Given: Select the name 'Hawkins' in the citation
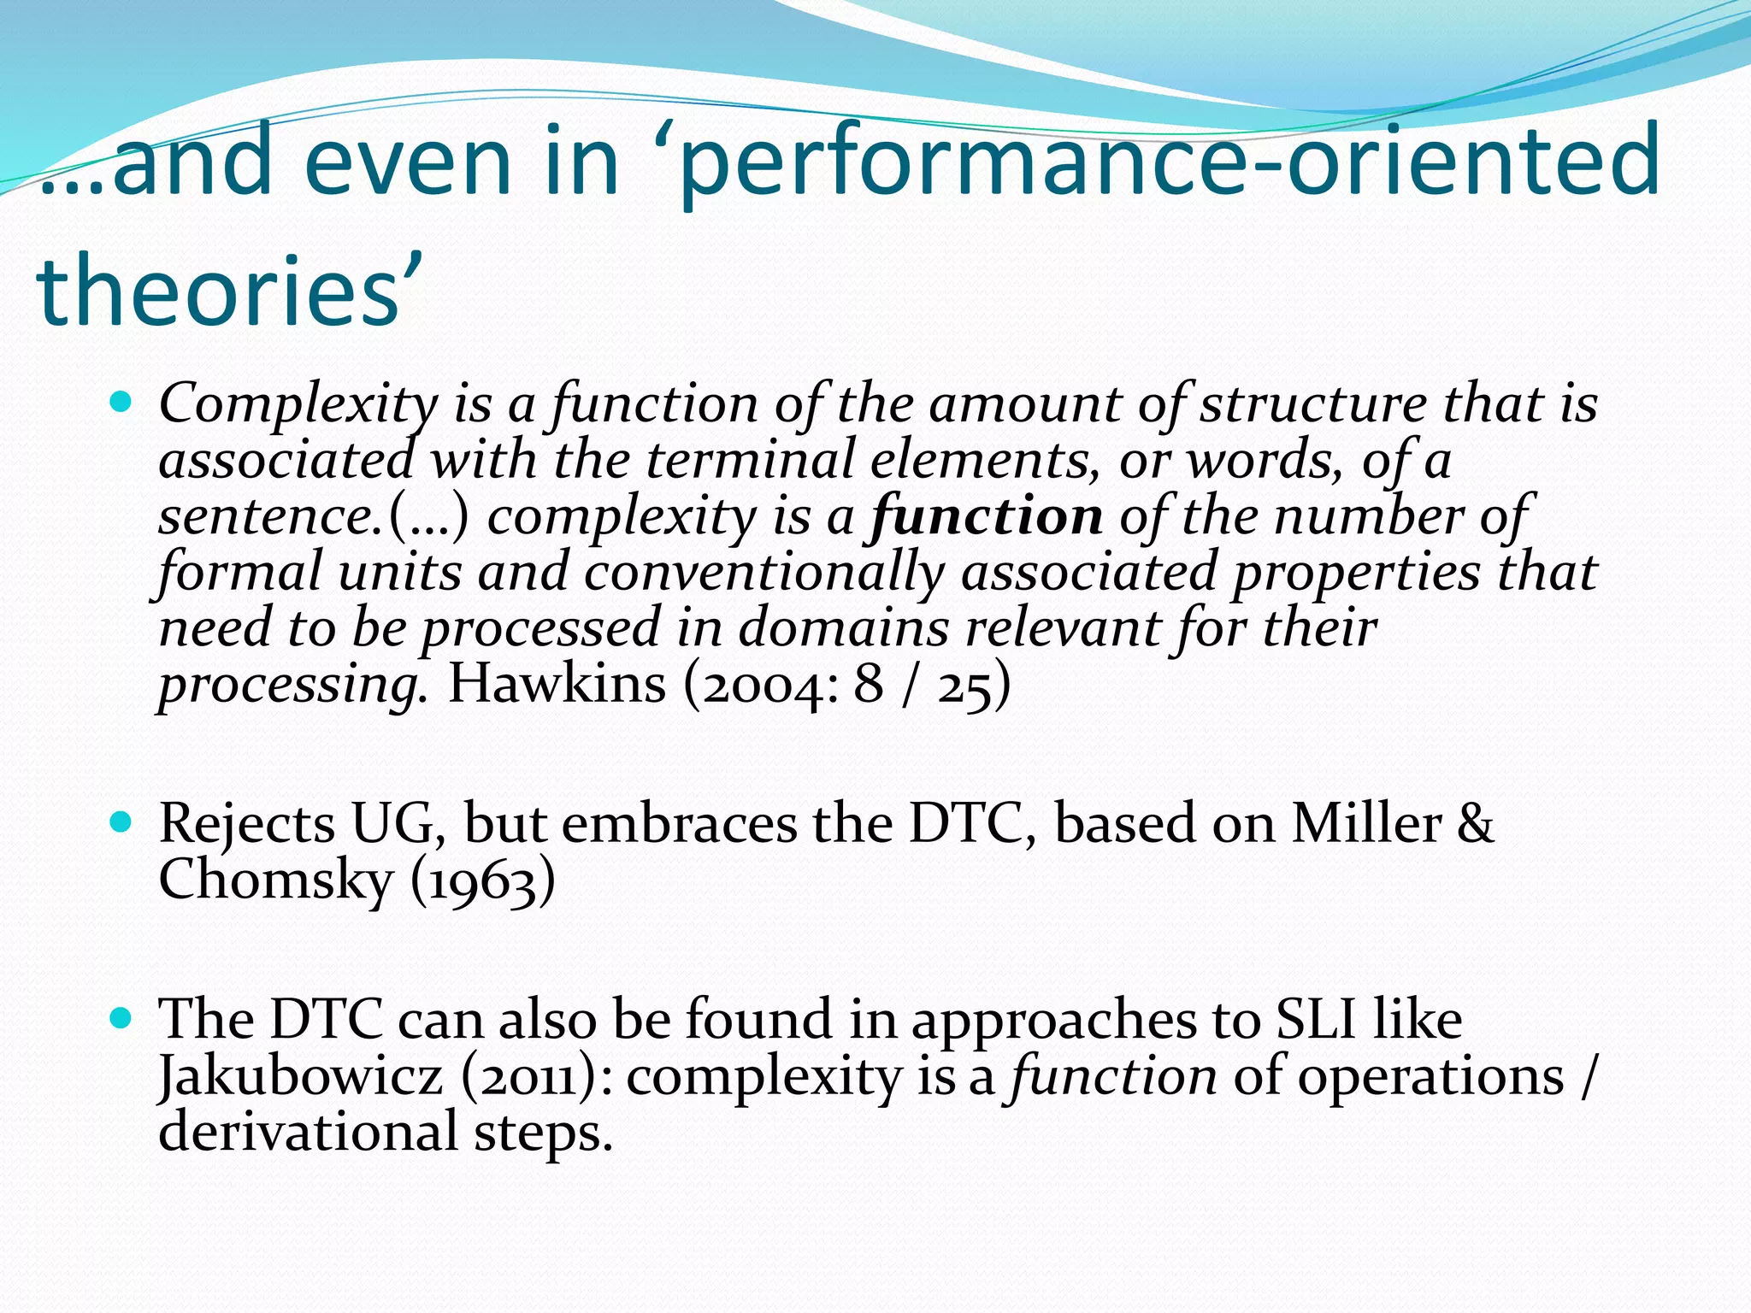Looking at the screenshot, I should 557,684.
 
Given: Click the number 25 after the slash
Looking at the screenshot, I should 964,686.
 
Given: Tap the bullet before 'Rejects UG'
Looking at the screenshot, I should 121,822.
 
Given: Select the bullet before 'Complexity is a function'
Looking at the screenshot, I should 121,400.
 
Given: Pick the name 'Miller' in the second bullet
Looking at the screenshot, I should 1365,824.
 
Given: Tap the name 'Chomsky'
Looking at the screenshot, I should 274,880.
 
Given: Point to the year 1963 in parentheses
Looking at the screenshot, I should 482,881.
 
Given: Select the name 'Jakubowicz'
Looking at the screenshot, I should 301,1075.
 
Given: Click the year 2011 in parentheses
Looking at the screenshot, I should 537,1076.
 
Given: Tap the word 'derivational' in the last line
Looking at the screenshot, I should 309,1132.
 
